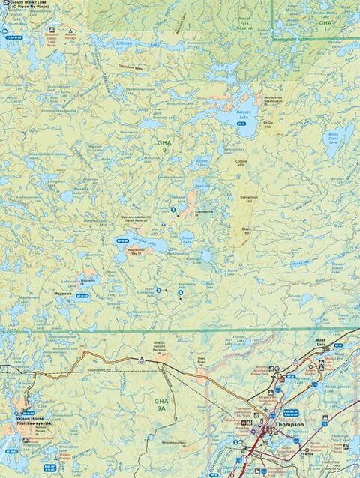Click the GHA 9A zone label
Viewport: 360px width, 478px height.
(161, 405)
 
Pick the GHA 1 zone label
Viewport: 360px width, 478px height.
(325, 23)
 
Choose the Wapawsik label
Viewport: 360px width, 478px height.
(62, 294)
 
